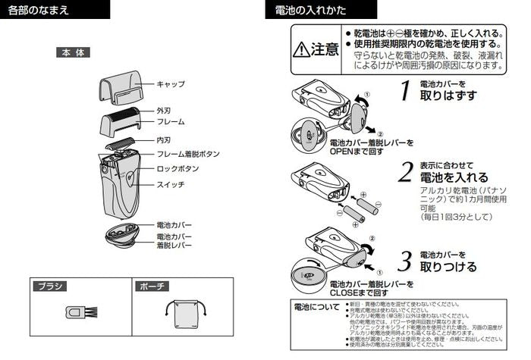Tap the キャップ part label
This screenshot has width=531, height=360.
click(171, 84)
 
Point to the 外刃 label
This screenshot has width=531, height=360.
click(164, 111)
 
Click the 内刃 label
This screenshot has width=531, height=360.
click(164, 140)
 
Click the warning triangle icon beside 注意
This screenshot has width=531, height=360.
click(302, 50)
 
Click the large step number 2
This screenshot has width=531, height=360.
click(407, 171)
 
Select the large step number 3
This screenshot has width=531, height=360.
click(407, 261)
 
